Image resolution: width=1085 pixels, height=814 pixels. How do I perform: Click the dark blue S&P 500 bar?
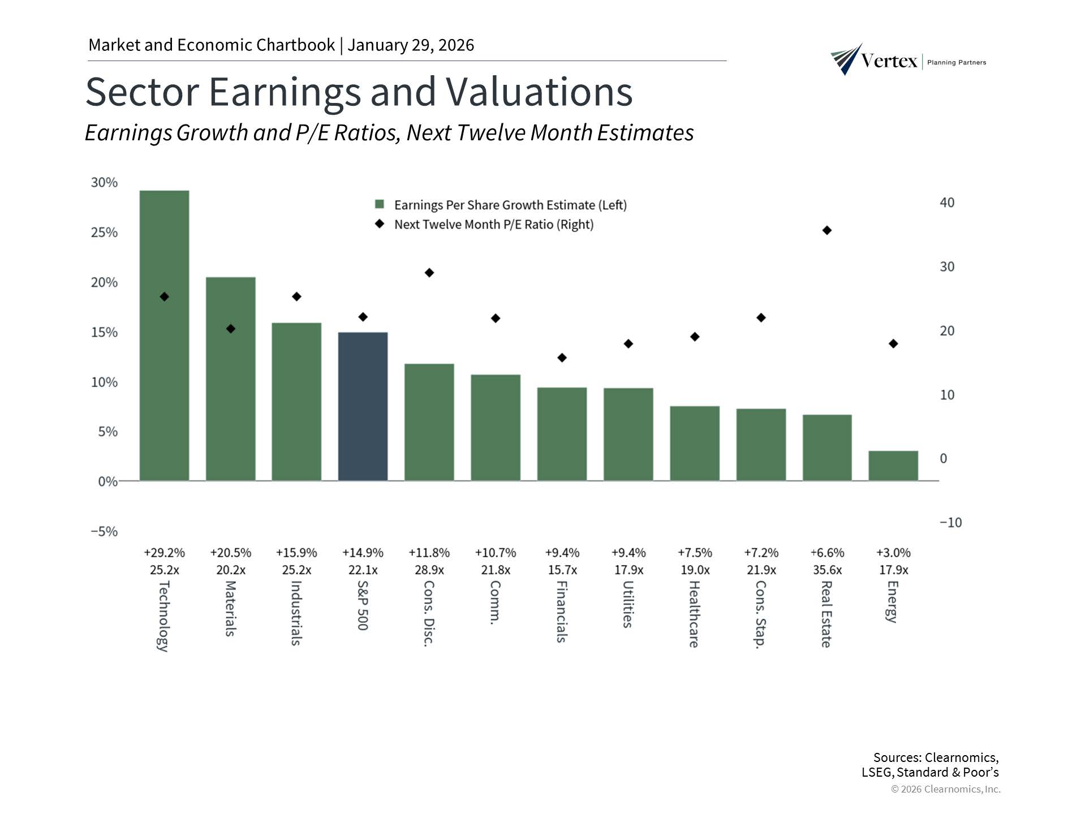363,406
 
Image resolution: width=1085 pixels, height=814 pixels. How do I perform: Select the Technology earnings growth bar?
164,335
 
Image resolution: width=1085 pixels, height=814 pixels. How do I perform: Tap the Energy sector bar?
893,466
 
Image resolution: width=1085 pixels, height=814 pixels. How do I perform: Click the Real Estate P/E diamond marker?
827,230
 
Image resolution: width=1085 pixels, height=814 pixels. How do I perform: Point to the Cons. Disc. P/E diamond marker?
429,273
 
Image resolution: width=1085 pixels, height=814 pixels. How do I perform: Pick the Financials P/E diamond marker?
562,358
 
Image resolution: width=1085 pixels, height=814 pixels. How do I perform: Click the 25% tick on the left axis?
105,232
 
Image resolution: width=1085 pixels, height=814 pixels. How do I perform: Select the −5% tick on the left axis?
105,531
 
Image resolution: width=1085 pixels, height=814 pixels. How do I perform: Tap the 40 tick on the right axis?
947,203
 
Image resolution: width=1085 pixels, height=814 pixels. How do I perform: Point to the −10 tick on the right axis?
950,522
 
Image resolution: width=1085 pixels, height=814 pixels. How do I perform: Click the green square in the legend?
380,204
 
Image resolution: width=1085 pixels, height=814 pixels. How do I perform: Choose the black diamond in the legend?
380,224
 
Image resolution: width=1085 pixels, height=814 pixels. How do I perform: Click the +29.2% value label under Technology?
164,552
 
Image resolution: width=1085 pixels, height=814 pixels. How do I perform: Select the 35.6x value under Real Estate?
827,570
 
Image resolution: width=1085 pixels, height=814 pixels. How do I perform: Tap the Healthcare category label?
695,614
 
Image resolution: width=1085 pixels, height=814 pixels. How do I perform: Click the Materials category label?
230,608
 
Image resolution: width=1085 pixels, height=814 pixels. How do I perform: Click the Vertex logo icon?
846,59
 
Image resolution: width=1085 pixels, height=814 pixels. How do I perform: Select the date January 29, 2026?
411,45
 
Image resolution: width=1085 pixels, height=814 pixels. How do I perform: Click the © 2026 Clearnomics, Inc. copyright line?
945,789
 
